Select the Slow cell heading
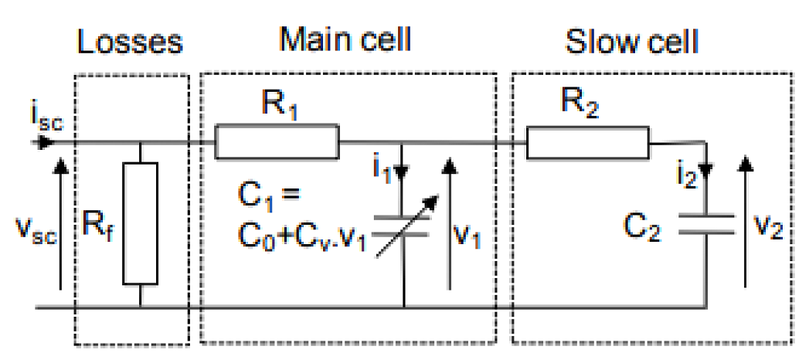pyautogui.click(x=631, y=40)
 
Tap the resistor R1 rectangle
pyautogui.click(x=277, y=143)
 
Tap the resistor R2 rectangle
pyautogui.click(x=587, y=143)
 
